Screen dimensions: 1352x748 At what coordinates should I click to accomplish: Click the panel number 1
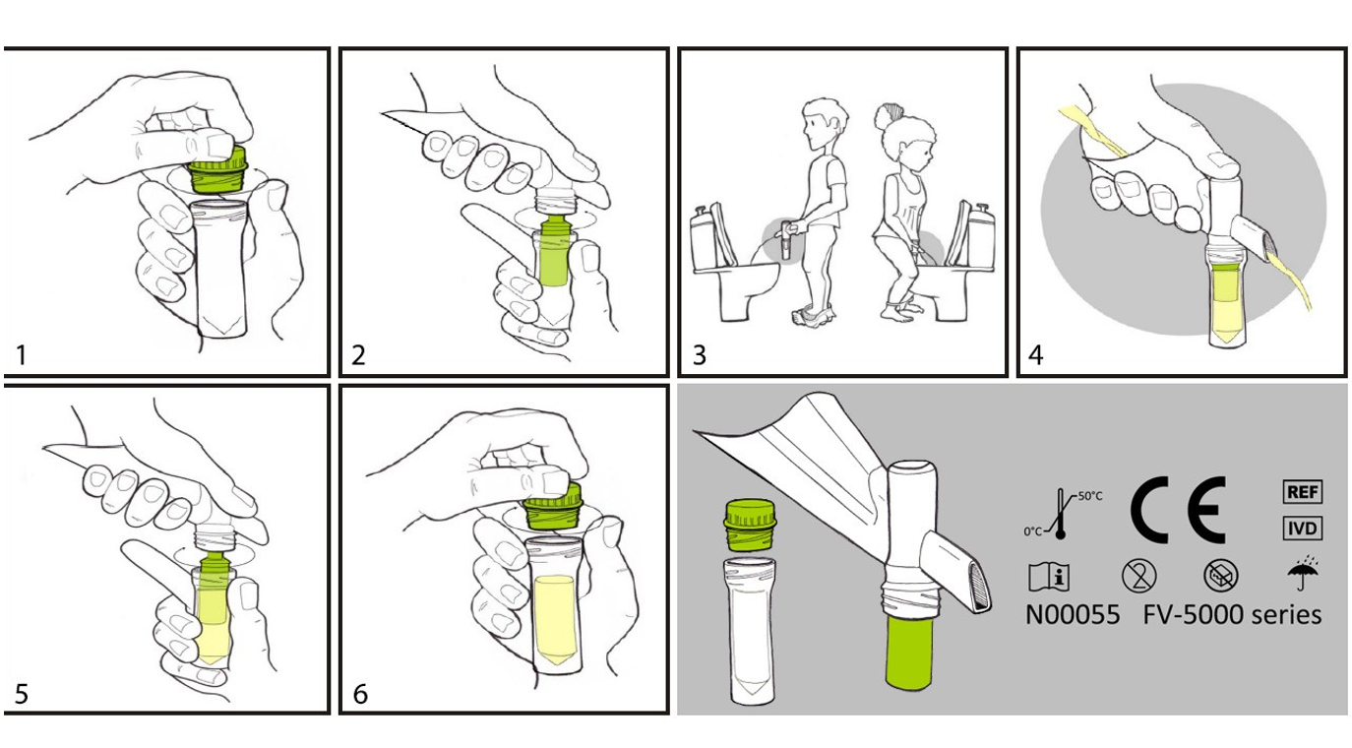coord(21,355)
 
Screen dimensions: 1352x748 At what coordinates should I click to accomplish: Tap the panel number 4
coord(1036,355)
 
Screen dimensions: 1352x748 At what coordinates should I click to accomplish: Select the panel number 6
coord(360,694)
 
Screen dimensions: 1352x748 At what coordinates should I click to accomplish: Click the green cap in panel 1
coord(217,169)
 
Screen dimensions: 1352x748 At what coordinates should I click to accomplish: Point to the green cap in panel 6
coord(552,505)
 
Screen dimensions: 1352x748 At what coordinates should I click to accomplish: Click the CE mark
coord(1178,510)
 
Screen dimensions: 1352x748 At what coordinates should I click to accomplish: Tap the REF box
coord(1303,491)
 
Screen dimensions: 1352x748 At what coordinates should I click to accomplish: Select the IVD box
coord(1303,529)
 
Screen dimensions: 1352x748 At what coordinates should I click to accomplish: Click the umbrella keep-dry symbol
coord(1303,573)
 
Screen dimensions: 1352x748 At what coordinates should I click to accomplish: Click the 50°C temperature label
coord(1090,496)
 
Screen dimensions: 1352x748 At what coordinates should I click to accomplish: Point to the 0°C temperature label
coord(1033,531)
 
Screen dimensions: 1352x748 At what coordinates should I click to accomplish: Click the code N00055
coord(1073,615)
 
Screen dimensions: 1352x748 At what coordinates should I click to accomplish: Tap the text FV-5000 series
coord(1233,615)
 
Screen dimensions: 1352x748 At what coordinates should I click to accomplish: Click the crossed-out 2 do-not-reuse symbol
coord(1138,576)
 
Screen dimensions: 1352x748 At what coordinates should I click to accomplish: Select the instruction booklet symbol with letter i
coord(1049,576)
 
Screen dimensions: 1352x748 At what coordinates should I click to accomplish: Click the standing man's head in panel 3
coord(822,124)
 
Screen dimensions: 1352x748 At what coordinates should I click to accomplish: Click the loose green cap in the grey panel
coord(750,525)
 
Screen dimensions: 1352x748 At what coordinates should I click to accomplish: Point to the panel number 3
coord(700,355)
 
